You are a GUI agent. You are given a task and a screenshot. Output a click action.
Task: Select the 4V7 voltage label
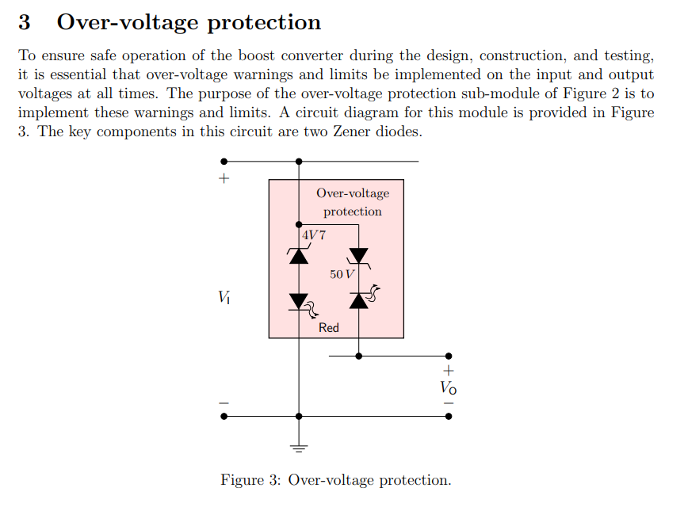pyautogui.click(x=314, y=234)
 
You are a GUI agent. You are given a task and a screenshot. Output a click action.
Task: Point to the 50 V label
pyautogui.click(x=342, y=274)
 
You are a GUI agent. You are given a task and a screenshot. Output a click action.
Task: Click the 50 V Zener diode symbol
pyautogui.click(x=359, y=256)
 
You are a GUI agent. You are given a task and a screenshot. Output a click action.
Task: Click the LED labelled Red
pyautogui.click(x=299, y=301)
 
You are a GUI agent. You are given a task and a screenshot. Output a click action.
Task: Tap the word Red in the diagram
pyautogui.click(x=328, y=328)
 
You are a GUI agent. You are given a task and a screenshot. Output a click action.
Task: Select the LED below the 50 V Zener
pyautogui.click(x=359, y=299)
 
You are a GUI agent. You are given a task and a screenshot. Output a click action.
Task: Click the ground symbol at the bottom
pyautogui.click(x=299, y=448)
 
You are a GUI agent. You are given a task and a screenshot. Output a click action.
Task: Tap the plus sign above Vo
pyautogui.click(x=449, y=371)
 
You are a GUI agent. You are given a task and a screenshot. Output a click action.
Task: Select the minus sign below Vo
pyautogui.click(x=449, y=402)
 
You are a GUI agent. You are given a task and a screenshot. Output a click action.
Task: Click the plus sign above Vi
pyautogui.click(x=224, y=179)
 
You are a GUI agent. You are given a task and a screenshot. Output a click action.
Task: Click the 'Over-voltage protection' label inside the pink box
pyautogui.click(x=353, y=202)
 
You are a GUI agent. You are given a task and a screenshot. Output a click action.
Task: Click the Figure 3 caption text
pyautogui.click(x=336, y=480)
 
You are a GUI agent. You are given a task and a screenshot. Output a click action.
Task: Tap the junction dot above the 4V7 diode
pyautogui.click(x=299, y=224)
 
